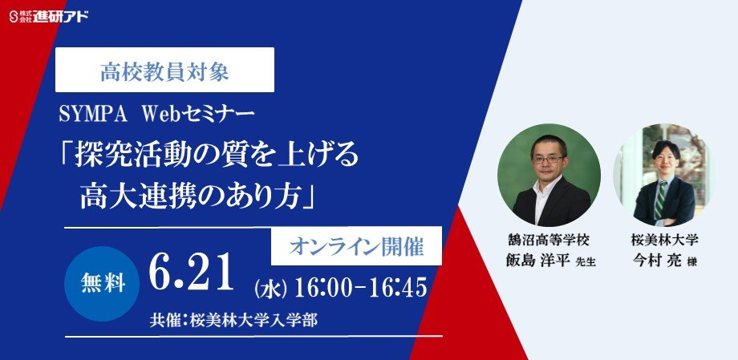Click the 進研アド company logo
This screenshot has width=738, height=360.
tap(49, 17)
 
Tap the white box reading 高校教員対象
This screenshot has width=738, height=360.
tap(164, 70)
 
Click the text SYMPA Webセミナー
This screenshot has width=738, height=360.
tap(156, 115)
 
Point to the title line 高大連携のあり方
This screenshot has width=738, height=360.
tap(200, 196)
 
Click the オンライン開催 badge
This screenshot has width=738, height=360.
tap(356, 246)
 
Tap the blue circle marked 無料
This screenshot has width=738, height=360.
tap(102, 284)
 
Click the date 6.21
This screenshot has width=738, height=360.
tap(191, 273)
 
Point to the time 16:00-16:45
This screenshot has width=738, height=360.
tap(360, 288)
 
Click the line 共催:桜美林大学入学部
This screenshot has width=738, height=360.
tap(233, 320)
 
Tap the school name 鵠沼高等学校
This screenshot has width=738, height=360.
tap(549, 241)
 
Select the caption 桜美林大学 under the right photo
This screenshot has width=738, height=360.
tap(664, 241)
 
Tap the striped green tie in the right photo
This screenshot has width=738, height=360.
tap(661, 200)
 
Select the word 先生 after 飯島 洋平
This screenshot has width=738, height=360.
tap(586, 263)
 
